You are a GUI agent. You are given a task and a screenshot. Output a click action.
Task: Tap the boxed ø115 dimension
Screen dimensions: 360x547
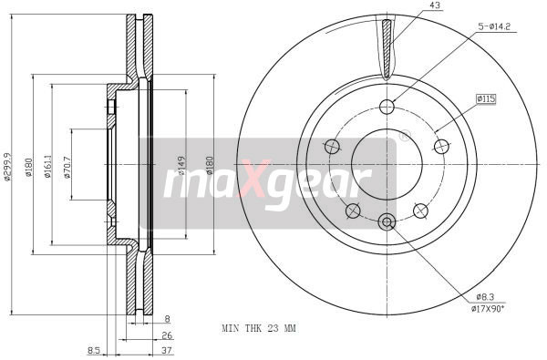485,98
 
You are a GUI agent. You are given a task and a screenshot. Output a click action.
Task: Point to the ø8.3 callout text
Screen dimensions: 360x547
485,297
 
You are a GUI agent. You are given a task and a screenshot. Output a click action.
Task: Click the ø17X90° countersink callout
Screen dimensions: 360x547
489,309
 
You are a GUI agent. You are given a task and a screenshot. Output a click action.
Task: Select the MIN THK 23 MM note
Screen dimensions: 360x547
259,327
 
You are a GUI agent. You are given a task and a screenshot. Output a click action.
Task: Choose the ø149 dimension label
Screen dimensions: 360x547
182,165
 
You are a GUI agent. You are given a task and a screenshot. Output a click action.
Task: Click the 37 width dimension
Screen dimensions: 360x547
167,349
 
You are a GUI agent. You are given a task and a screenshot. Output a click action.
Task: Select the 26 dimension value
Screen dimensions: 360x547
167,334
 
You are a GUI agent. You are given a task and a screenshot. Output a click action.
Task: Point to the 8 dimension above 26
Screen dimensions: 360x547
167,320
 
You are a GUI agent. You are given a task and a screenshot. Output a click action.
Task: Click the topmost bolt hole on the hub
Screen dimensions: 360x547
387,105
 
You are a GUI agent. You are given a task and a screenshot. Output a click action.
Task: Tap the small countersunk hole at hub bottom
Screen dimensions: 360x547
387,221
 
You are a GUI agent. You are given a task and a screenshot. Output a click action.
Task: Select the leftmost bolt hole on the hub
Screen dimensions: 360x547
331,146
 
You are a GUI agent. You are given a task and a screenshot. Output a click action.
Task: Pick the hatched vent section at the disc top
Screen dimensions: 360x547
388,50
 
